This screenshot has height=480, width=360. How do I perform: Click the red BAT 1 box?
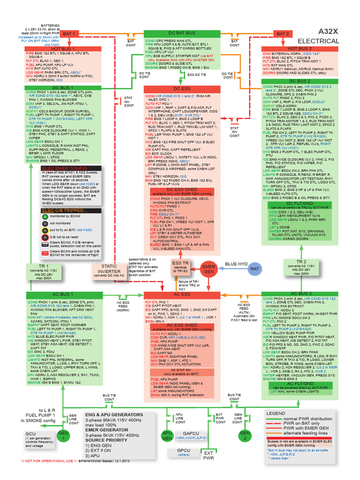click(69, 34)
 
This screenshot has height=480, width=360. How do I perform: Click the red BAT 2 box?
click(283, 34)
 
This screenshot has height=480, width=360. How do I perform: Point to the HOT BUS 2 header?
click(300, 49)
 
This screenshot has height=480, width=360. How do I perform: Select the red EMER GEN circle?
click(208, 269)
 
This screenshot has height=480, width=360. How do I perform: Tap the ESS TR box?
click(180, 266)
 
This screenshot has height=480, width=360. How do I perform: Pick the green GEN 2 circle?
click(244, 434)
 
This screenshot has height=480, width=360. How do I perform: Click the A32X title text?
click(328, 31)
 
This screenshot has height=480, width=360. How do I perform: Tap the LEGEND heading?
click(275, 413)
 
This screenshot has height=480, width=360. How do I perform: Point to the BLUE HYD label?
click(236, 264)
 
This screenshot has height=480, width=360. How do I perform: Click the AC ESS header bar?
click(182, 294)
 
